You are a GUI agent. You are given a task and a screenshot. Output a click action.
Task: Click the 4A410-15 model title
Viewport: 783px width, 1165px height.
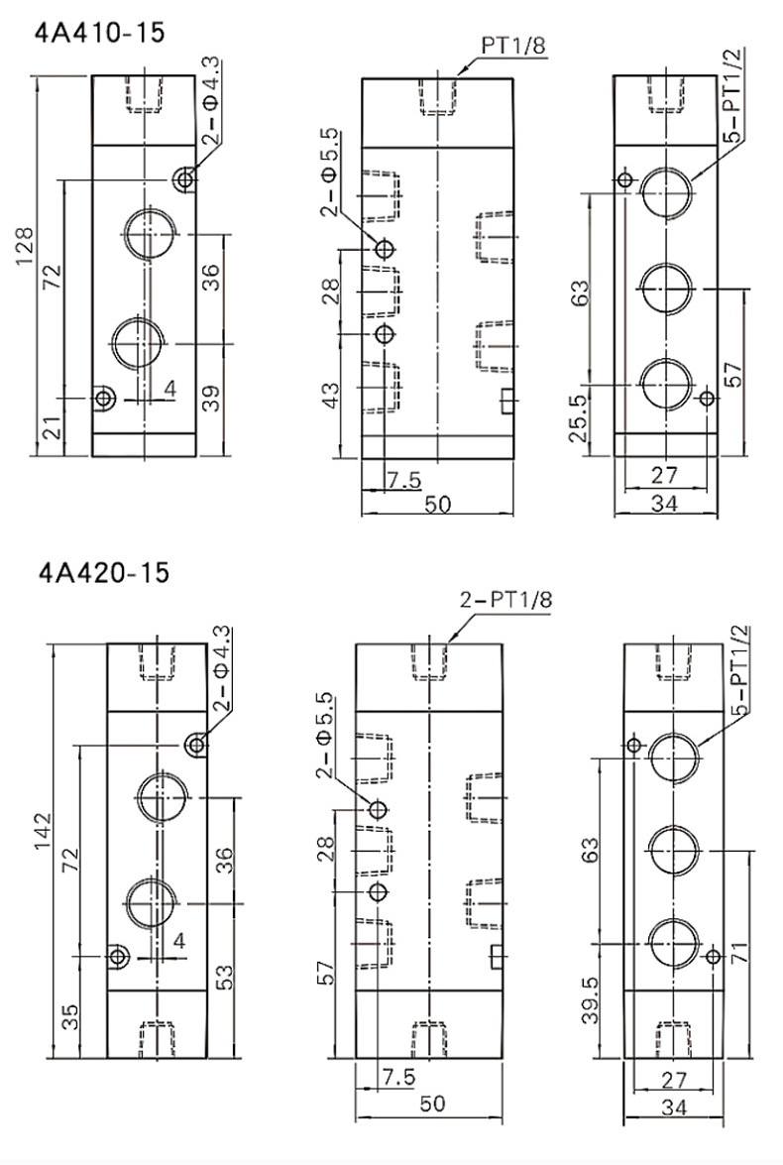point(100,33)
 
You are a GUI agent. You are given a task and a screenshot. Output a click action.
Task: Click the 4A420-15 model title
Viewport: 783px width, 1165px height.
point(103,572)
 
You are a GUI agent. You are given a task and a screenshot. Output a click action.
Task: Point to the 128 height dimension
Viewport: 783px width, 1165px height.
point(24,246)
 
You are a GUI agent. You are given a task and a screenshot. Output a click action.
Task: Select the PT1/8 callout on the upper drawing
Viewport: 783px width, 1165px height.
point(513,46)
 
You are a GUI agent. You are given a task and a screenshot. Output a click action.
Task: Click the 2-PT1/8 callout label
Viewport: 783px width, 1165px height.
point(505,600)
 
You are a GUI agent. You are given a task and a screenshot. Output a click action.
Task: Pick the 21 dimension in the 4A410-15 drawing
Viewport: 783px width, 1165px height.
point(51,428)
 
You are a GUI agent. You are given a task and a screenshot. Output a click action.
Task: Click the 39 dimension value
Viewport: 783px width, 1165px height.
point(212,399)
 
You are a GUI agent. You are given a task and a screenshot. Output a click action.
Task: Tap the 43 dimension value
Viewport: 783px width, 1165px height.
point(331,396)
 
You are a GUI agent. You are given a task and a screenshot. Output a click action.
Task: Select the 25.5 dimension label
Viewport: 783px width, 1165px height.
point(578,418)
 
